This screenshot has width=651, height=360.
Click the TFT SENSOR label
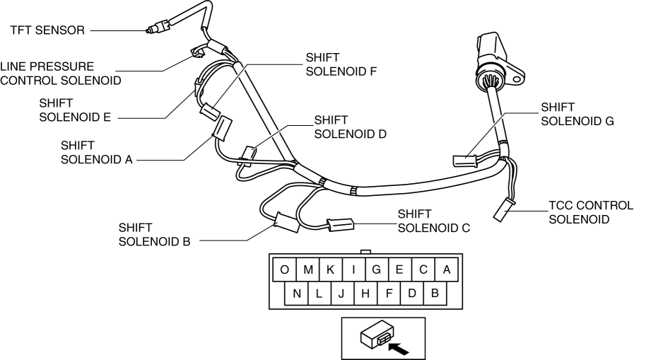[47, 30]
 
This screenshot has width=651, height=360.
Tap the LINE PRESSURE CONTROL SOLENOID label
[60, 73]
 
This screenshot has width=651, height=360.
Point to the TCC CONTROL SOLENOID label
[591, 212]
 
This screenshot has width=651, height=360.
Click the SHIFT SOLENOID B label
[155, 235]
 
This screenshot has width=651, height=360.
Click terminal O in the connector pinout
[284, 269]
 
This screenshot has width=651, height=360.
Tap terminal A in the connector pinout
[446, 269]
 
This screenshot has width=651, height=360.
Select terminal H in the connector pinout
[365, 293]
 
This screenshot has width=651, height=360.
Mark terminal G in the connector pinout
[377, 269]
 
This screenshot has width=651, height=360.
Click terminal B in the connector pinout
[435, 293]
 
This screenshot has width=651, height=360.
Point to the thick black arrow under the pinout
[399, 347]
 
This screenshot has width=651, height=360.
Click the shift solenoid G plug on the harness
[464, 161]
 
